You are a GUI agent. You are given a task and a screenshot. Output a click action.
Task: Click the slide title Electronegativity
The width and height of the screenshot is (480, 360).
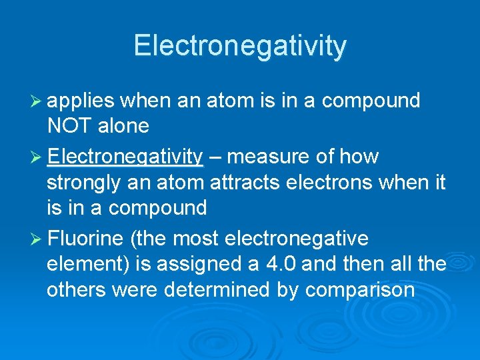240,45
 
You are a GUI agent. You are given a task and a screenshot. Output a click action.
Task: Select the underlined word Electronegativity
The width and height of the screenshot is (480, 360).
125,157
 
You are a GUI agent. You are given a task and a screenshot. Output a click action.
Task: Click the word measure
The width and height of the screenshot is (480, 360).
267,157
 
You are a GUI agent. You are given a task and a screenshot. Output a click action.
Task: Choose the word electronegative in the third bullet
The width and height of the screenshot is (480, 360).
297,239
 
